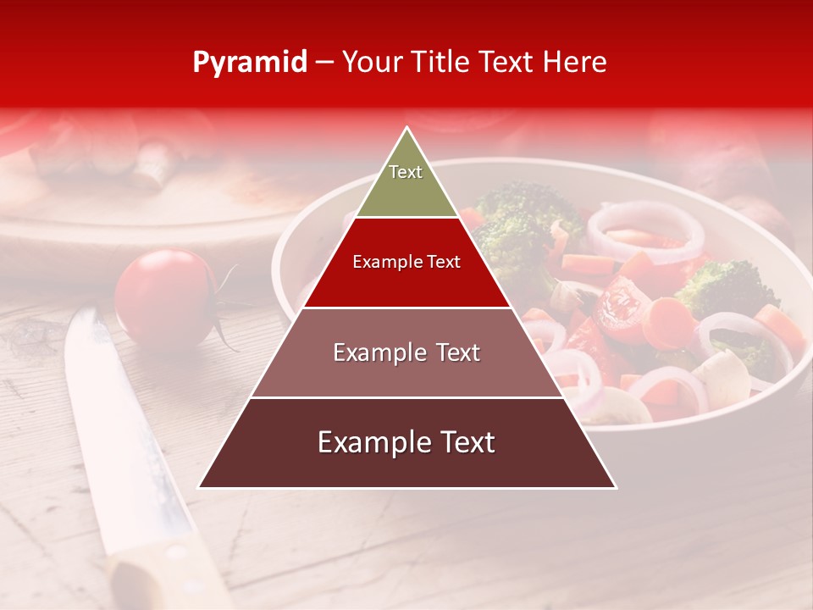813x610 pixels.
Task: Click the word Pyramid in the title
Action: click(x=250, y=63)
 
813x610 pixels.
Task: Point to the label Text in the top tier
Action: click(x=406, y=172)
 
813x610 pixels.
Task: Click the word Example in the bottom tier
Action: click(x=368, y=442)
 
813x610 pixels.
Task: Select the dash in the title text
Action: click(x=324, y=63)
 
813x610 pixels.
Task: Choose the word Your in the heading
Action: click(x=373, y=62)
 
